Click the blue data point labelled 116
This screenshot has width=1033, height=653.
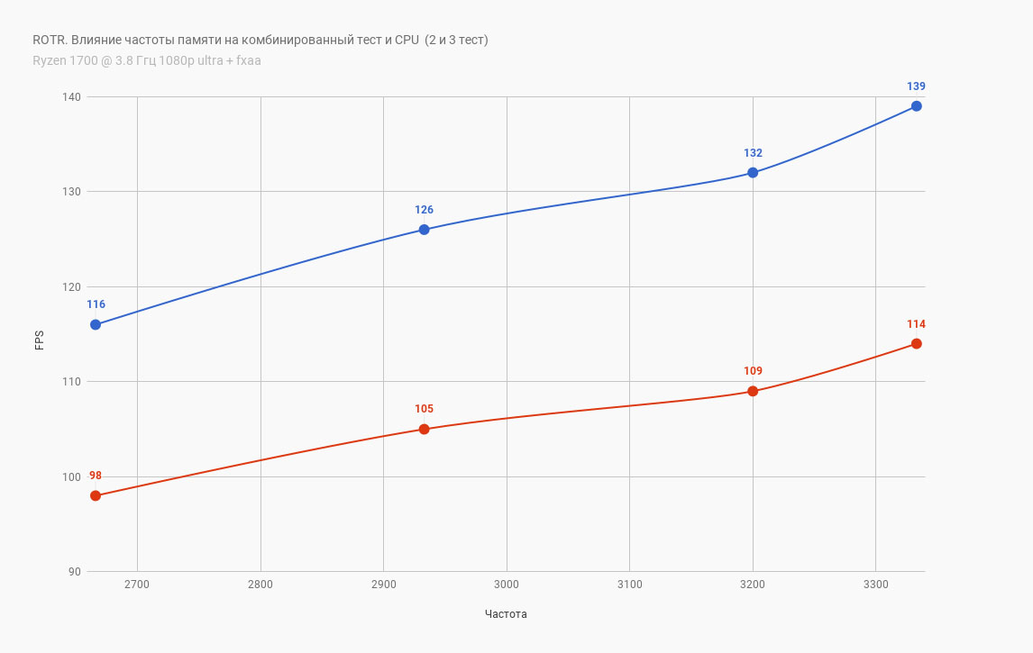[x=96, y=324]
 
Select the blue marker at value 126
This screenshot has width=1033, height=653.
[x=424, y=230]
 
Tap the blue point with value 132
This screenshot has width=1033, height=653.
[x=753, y=173]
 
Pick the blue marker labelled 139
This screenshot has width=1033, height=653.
[x=916, y=106]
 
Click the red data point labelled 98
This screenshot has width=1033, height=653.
[x=96, y=495]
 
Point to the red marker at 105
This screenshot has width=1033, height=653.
[x=424, y=429]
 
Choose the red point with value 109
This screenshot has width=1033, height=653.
[x=753, y=391]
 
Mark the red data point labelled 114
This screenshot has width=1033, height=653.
[x=916, y=343]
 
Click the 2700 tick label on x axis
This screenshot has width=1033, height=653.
[x=137, y=585]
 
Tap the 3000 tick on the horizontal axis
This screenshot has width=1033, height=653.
[x=507, y=585]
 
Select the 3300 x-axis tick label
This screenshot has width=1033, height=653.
[x=875, y=585]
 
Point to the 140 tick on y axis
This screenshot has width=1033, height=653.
[x=71, y=97]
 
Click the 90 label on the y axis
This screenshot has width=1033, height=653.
[x=74, y=572]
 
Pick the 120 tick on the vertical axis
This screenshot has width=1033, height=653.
[x=71, y=287]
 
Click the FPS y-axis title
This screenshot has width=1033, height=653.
[x=40, y=340]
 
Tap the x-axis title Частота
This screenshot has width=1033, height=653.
[x=506, y=614]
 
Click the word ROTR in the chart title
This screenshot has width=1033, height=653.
[x=48, y=40]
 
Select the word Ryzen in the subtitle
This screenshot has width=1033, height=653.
[x=49, y=60]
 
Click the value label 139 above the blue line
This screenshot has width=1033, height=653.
[x=916, y=86]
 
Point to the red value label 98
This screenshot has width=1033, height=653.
[x=96, y=476]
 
